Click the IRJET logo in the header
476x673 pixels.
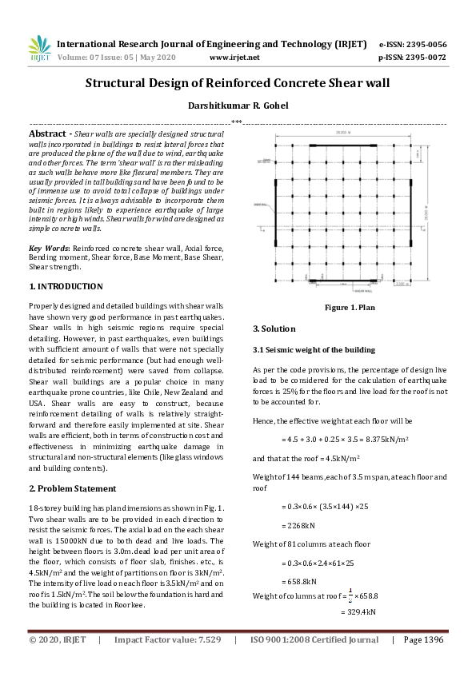(39, 50)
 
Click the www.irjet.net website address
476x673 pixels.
(234, 58)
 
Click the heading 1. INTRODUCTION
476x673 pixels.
(66, 286)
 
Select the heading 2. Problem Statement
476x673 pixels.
(74, 488)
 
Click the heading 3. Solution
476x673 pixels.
(274, 329)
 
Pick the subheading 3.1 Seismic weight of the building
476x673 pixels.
(314, 350)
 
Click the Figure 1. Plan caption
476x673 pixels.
(350, 308)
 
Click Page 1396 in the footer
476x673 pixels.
(423, 639)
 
